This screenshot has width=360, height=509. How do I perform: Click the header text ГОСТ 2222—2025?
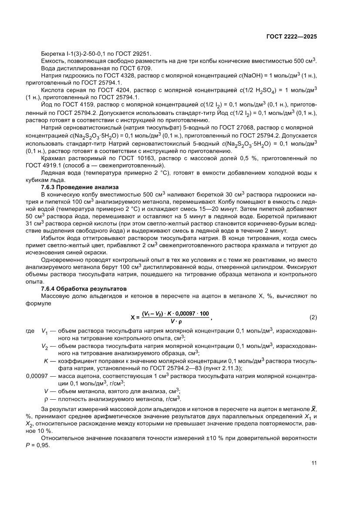(291, 37)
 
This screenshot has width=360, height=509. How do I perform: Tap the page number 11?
(314, 463)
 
